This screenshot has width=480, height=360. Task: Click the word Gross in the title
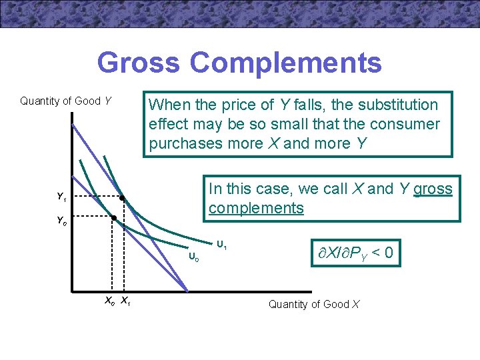[138, 63]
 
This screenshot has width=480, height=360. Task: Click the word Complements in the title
[286, 63]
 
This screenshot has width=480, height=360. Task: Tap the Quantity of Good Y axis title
[65, 101]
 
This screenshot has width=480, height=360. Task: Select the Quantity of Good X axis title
[313, 305]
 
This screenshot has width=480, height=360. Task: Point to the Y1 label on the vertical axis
[61, 197]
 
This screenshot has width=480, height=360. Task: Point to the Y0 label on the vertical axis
[61, 219]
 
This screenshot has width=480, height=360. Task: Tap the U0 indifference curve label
[193, 255]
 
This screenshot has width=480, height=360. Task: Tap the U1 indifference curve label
[221, 246]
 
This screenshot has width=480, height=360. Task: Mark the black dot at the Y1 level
[122, 198]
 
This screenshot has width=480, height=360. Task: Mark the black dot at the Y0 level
[113, 218]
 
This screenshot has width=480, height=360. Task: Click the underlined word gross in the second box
[433, 189]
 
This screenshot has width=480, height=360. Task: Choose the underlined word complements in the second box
[256, 208]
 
